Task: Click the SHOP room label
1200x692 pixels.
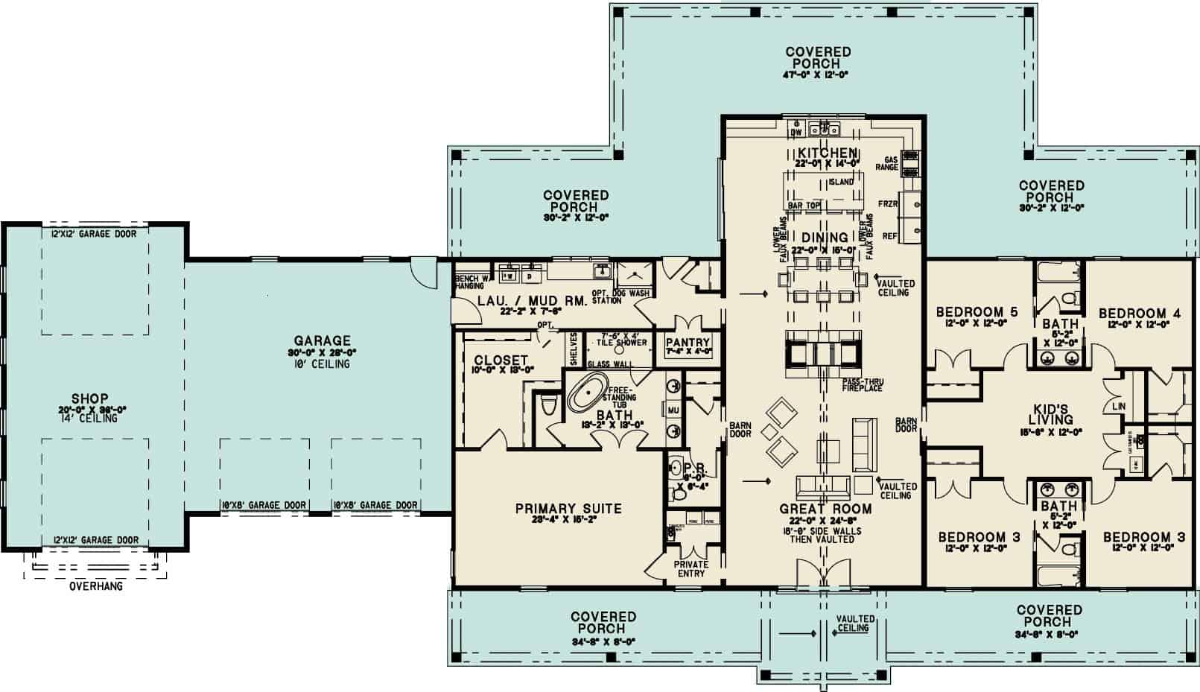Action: click(89, 399)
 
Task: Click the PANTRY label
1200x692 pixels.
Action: click(688, 343)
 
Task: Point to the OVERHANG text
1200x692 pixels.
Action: click(96, 586)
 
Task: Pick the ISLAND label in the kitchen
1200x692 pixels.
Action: click(841, 182)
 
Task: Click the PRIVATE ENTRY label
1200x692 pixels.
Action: click(691, 569)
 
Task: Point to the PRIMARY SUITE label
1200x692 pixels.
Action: click(568, 509)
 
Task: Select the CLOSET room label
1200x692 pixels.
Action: click(501, 361)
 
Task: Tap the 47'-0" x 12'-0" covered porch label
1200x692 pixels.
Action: click(817, 75)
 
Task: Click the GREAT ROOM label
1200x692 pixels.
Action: click(825, 510)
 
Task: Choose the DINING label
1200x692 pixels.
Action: click(825, 238)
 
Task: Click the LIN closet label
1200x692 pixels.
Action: click(1117, 407)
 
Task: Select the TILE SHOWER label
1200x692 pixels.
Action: click(621, 343)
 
